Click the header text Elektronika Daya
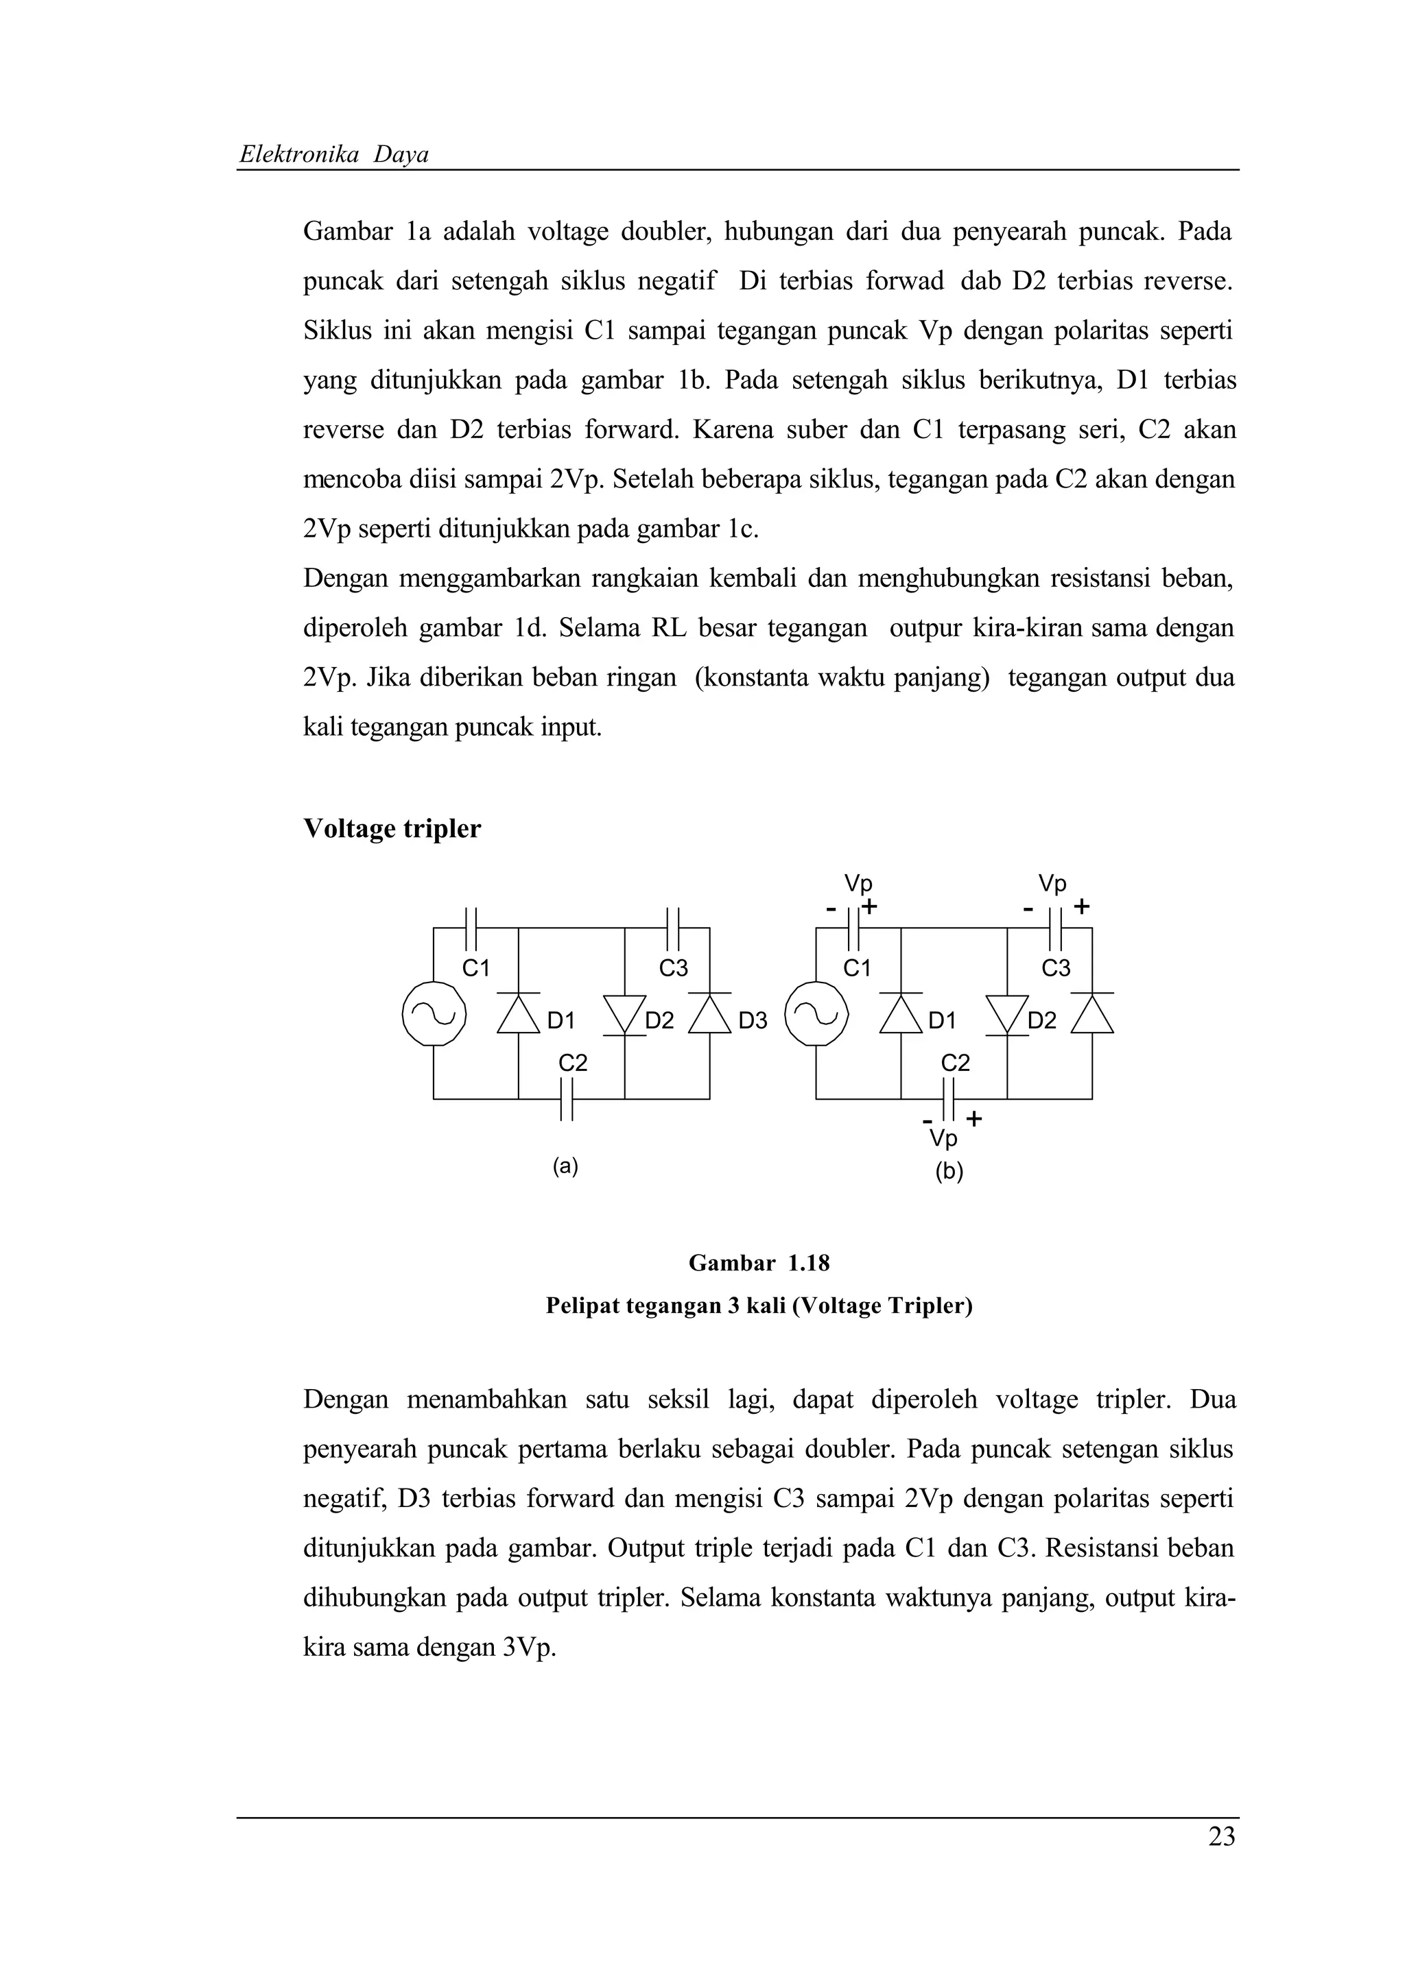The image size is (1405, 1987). pos(333,155)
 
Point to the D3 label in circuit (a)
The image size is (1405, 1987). pos(753,1021)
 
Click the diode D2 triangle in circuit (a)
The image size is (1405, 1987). pos(624,1013)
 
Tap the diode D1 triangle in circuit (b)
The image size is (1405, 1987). pos(901,1015)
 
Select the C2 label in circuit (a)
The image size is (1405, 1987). pos(572,1063)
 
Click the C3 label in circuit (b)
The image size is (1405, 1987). pos(1055,968)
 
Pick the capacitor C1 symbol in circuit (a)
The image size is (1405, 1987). pos(472,928)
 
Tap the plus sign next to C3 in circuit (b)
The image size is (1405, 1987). pos(1081,907)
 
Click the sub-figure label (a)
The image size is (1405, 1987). pos(565,1166)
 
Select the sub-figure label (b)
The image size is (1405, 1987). pos(948,1172)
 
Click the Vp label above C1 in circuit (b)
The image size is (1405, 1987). pos(858,884)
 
